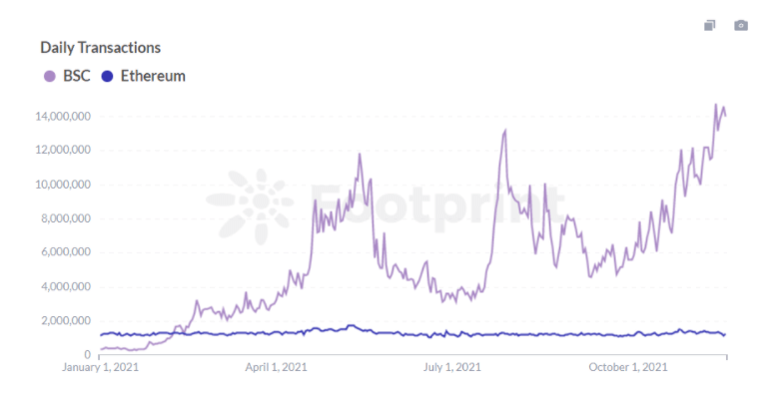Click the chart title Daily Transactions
coord(100,47)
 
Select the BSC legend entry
coord(76,76)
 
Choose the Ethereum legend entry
coord(152,76)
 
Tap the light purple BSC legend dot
coord(48,76)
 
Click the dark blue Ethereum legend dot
coord(108,76)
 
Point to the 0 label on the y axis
coord(88,354)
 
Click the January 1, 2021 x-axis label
coord(100,367)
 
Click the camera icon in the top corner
coord(740,25)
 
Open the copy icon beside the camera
coord(710,25)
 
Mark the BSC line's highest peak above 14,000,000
coord(715,104)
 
